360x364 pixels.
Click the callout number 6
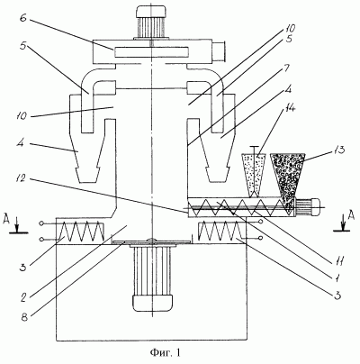23,18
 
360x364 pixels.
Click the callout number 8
24,317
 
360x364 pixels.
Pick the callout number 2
23,297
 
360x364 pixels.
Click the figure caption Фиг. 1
166,352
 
